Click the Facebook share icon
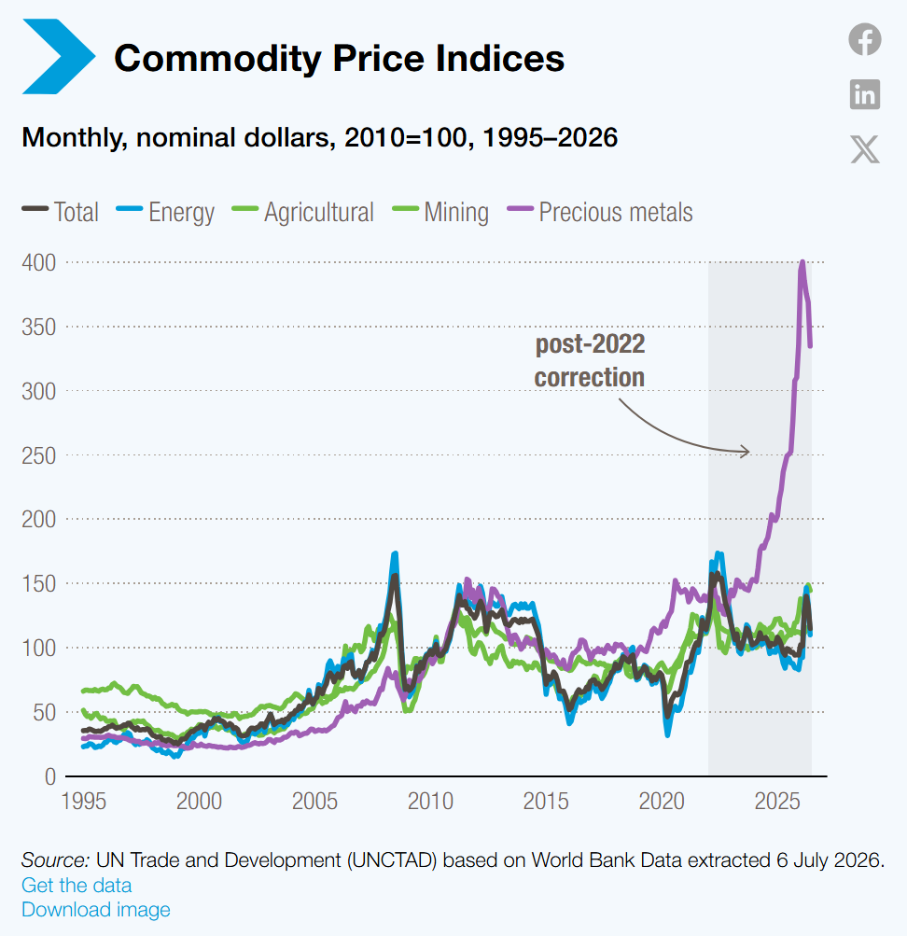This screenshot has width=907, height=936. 865,39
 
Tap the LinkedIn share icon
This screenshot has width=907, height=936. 865,94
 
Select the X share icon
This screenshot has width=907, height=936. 865,148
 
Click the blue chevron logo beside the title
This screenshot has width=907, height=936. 59,57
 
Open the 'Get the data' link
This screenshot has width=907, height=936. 77,885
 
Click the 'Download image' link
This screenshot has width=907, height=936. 96,909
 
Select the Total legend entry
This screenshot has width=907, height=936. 61,212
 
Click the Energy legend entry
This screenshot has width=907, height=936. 165,212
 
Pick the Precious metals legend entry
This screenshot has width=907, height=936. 600,212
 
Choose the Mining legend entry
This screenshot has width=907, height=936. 440,212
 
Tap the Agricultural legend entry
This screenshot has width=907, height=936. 302,212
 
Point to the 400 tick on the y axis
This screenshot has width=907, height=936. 39,262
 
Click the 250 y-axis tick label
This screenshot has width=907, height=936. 39,455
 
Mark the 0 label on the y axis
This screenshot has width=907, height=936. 50,776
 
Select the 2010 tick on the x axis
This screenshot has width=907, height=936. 430,801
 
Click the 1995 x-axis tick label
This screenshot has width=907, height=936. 84,801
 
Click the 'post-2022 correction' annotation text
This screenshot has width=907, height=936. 590,360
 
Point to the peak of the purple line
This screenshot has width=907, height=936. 802,262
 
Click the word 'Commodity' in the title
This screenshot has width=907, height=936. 217,58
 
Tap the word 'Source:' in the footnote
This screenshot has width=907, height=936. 55,859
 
